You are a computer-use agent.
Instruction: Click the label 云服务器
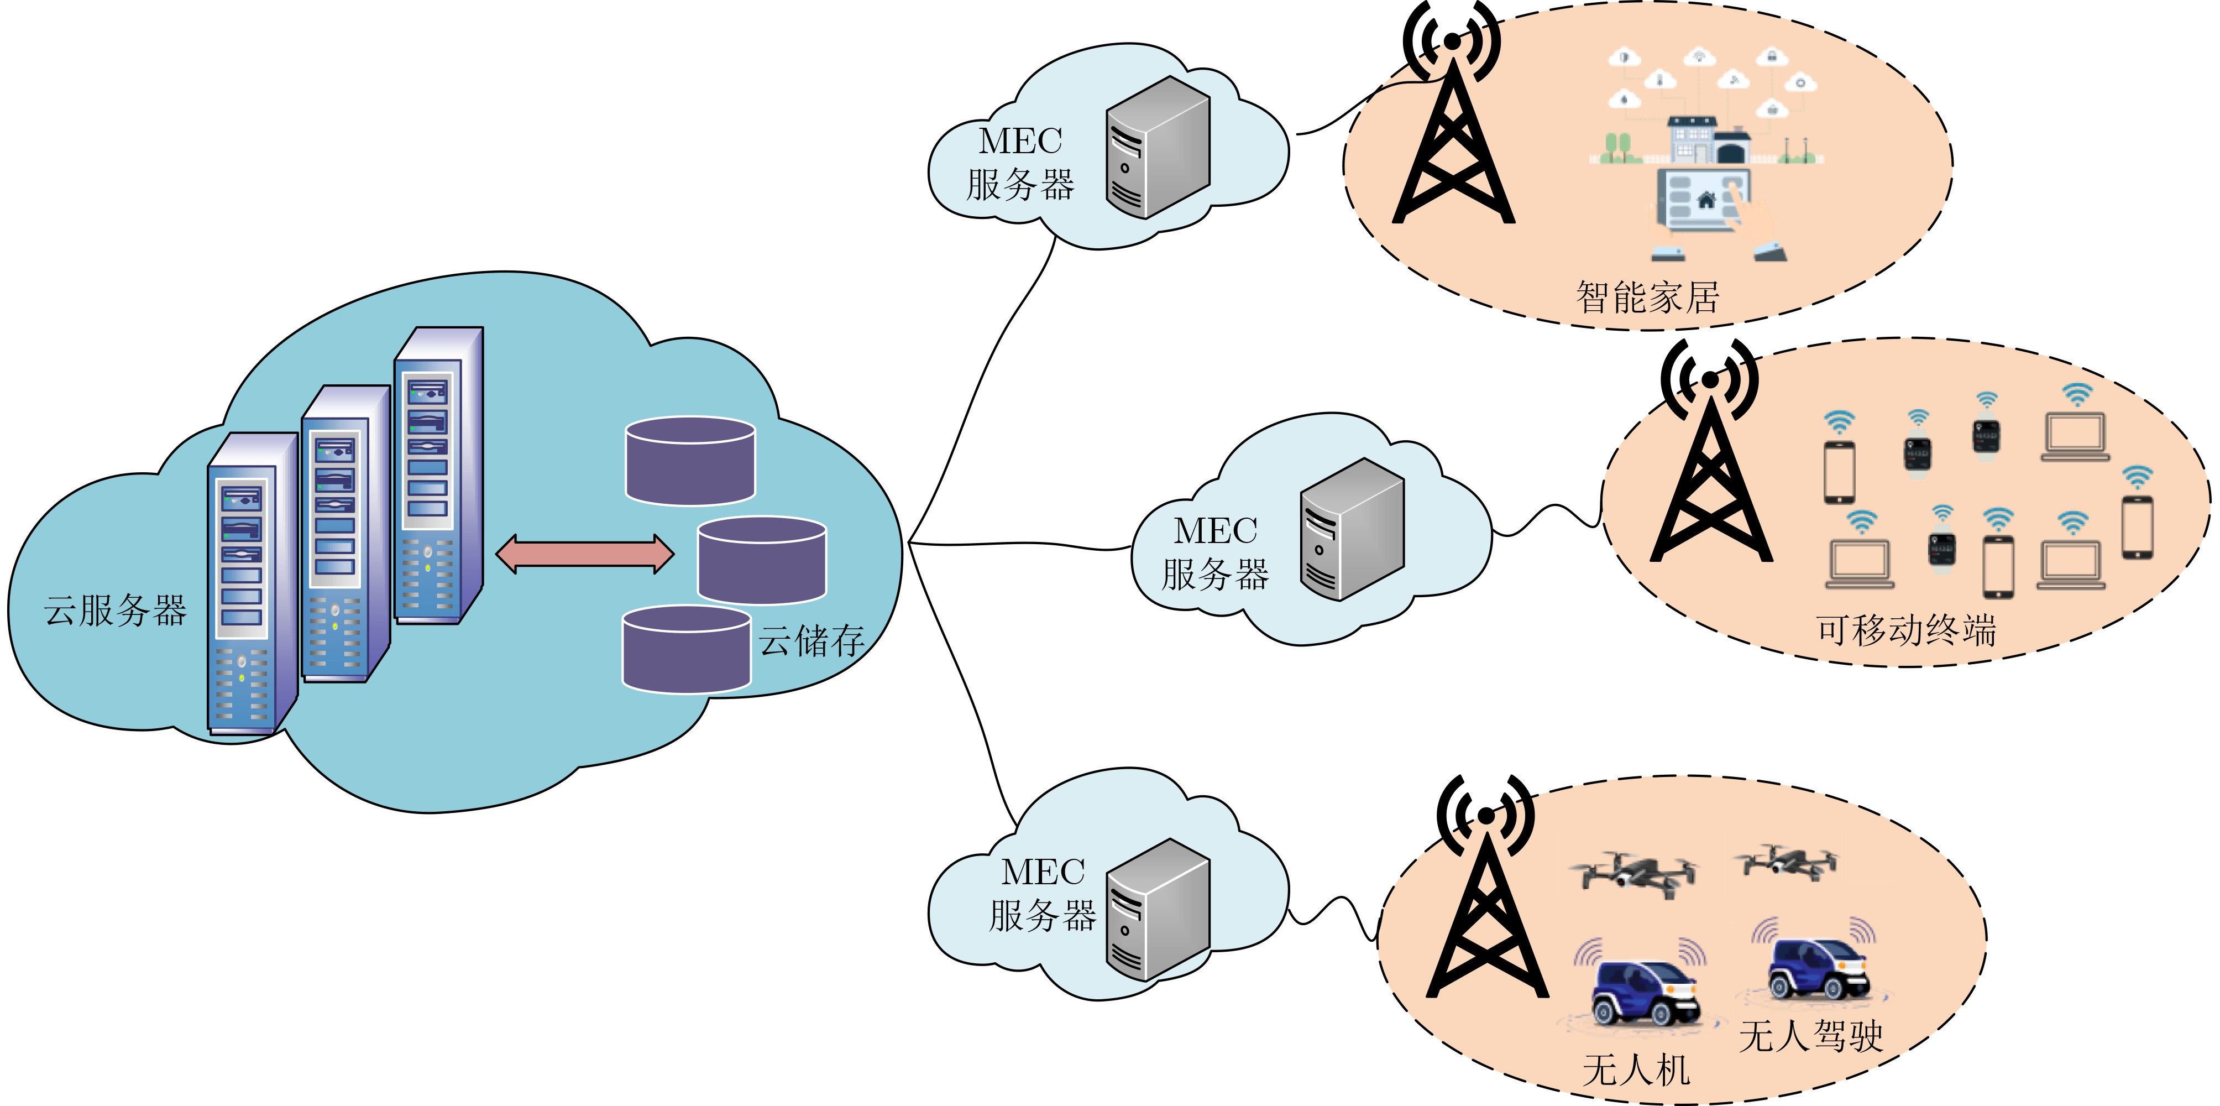[x=116, y=611]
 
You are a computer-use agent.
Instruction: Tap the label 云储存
[x=811, y=640]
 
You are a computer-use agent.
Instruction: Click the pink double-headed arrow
[x=585, y=554]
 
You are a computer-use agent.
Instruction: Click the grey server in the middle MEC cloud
[x=1352, y=529]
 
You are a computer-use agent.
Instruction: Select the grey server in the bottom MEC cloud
[x=1158, y=910]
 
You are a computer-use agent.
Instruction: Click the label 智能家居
[x=1647, y=298]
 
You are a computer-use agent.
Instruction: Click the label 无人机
[x=1636, y=1071]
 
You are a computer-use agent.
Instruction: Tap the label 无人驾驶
[x=1810, y=1035]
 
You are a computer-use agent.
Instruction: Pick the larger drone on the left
[x=1631, y=873]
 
